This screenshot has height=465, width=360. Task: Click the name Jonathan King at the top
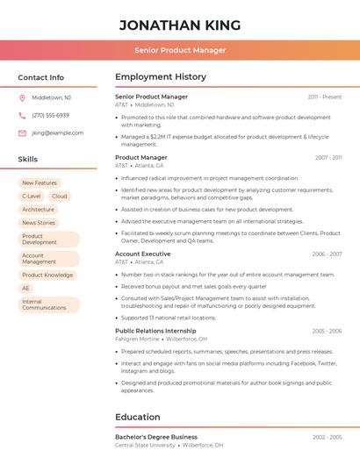(180, 25)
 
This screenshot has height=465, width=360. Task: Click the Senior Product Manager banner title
(180, 50)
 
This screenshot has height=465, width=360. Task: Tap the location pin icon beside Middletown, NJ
(22, 97)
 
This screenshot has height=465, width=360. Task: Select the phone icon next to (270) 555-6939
(22, 115)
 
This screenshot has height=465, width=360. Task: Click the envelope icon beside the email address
(22, 133)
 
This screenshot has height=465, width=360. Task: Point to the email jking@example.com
(57, 133)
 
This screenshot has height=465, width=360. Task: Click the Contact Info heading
(41, 77)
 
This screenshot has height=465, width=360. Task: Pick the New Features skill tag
(40, 183)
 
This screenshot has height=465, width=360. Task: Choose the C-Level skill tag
(32, 197)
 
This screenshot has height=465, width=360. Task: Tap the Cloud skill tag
(60, 197)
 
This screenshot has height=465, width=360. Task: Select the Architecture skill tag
(39, 210)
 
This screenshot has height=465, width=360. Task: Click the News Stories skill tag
(39, 223)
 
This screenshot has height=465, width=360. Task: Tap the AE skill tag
(26, 288)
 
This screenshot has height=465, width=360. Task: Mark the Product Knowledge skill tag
(47, 275)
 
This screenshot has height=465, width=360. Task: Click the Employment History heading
(161, 77)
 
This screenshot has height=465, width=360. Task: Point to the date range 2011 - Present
(325, 97)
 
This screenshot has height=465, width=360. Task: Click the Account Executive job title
(143, 254)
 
